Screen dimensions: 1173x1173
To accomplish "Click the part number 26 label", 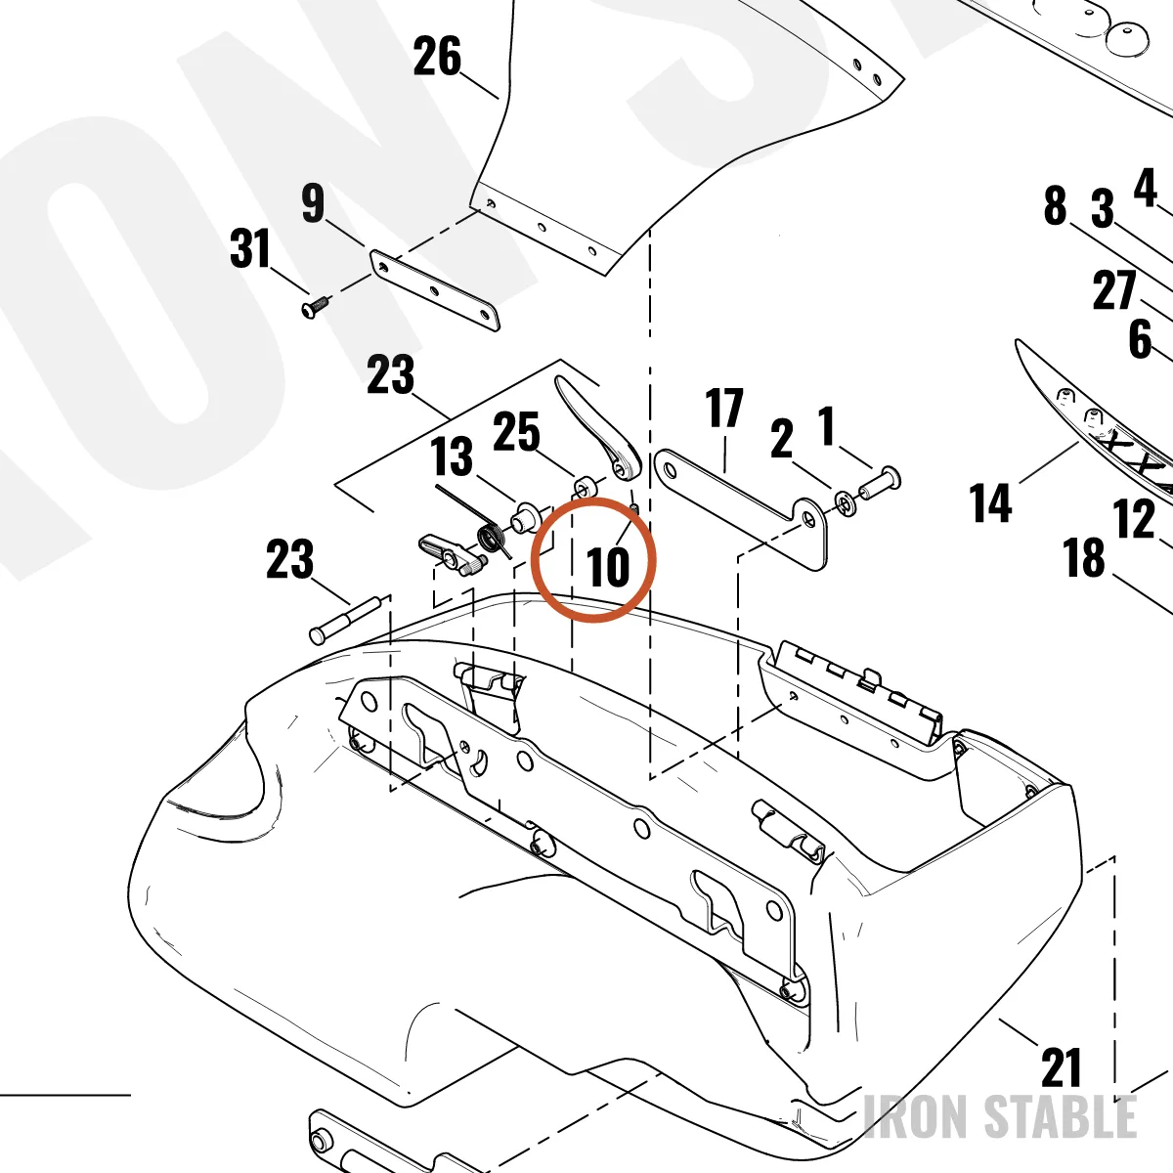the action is coord(436,56).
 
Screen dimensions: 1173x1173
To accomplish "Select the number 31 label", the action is coord(250,248).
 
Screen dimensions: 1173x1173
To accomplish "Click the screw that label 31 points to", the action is coord(315,307).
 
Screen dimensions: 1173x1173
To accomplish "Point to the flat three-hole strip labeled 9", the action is coord(435,290).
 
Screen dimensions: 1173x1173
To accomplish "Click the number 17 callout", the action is coord(724,408).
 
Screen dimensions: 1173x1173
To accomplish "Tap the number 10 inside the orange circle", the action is coord(607,567).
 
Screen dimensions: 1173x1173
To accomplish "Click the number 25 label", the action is coord(516,432).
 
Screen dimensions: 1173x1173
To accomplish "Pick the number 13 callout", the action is coord(451,456).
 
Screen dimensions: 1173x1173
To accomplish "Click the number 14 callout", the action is coord(991,502).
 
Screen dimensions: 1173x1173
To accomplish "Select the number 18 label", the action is coord(1083,557).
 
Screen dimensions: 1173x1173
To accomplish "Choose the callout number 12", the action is coord(1134,519).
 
